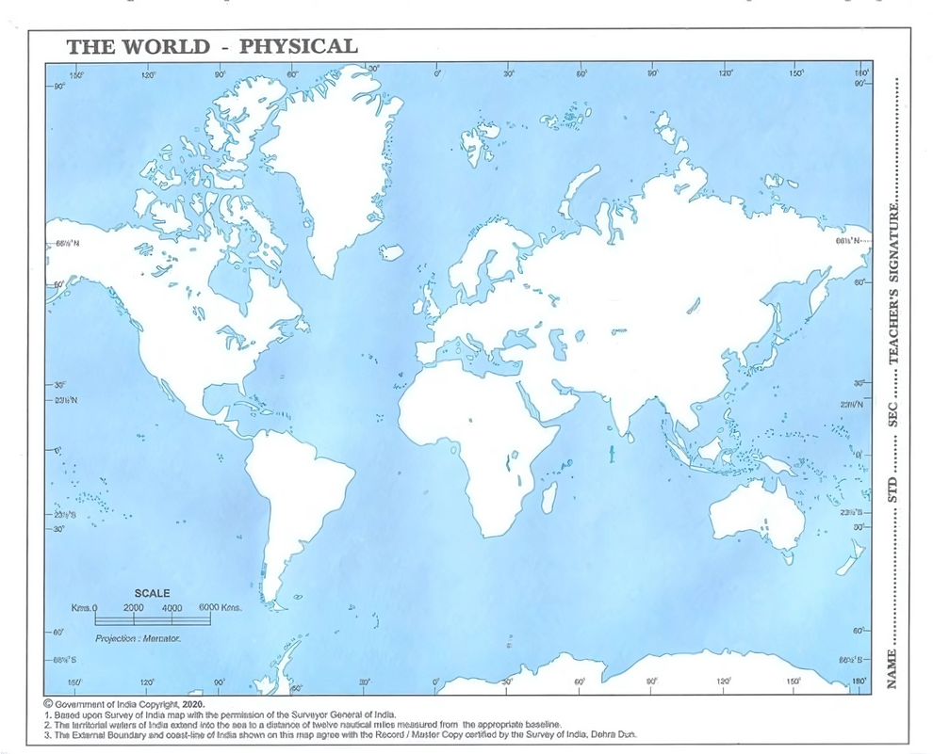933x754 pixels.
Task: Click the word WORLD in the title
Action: [172, 46]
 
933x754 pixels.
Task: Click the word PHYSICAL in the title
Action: [298, 46]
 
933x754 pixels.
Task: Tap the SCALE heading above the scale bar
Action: [152, 593]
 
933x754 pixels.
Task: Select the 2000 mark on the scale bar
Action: [133, 608]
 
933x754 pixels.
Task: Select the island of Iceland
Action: [391, 252]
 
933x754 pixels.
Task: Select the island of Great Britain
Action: [429, 297]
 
